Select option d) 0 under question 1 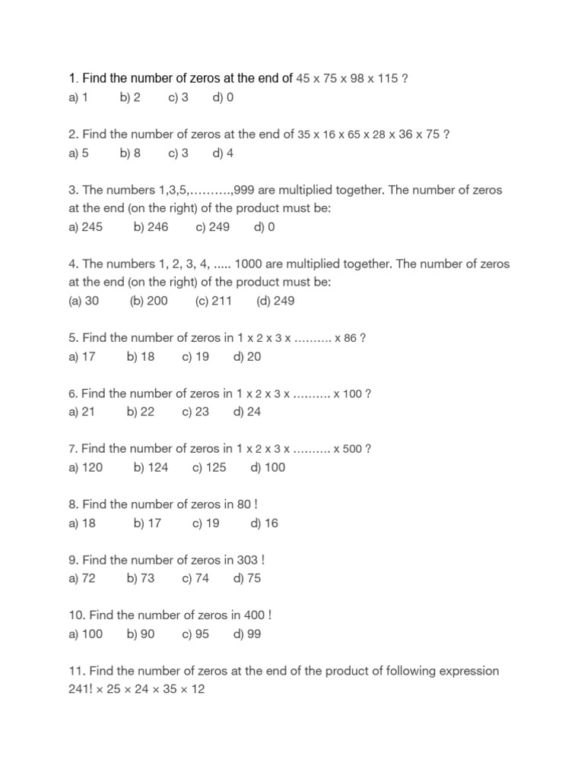(223, 98)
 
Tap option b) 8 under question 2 (130, 153)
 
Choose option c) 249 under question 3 (212, 227)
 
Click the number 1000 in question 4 (249, 264)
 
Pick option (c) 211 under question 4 (213, 301)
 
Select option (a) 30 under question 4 (84, 301)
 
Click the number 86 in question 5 (350, 339)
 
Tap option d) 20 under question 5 (247, 357)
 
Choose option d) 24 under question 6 (247, 413)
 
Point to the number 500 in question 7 (352, 449)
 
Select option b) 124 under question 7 (151, 468)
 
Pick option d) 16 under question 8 (264, 523)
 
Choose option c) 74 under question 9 (195, 579)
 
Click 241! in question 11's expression (81, 690)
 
